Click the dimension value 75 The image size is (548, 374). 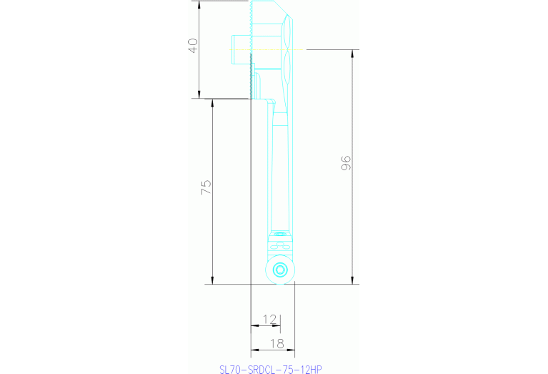(206, 188)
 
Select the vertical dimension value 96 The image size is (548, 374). (347, 163)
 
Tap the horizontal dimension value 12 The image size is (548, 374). (269, 318)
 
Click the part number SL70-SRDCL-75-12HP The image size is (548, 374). (271, 369)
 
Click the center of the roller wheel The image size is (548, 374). (279, 270)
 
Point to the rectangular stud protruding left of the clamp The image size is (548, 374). (240, 50)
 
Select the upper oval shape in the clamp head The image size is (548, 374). (287, 32)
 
